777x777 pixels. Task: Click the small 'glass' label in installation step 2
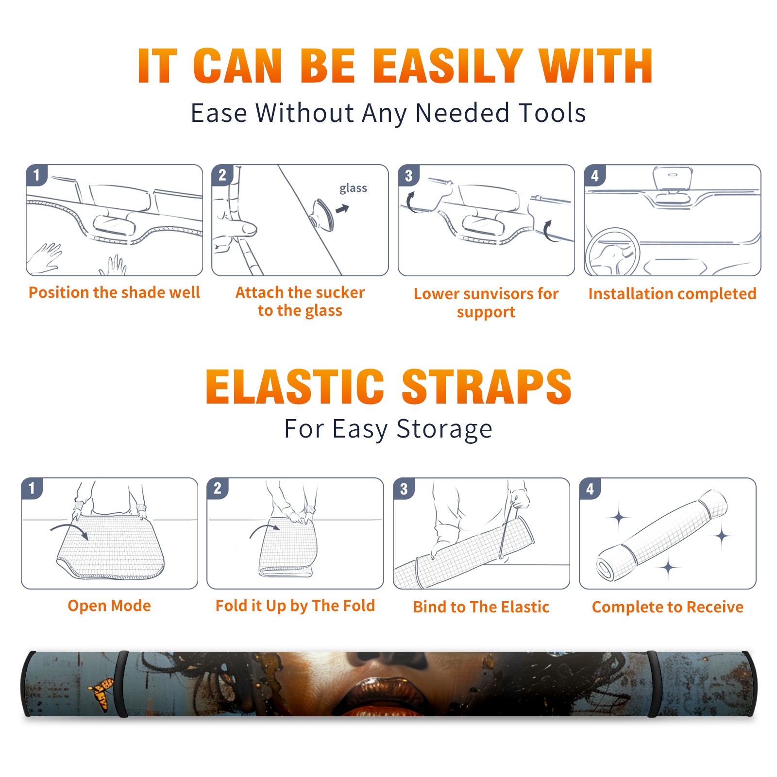[x=353, y=188]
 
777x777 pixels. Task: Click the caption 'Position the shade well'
[x=114, y=292]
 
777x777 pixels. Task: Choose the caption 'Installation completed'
[x=672, y=293]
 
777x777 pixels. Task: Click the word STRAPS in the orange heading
[x=487, y=387]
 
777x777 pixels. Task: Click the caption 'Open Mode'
[x=109, y=606]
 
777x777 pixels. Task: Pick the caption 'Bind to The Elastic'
[x=481, y=607]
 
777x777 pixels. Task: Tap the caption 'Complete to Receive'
[x=668, y=607]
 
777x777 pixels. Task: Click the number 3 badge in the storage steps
[x=404, y=489]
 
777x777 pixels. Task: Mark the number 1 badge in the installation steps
[x=36, y=175]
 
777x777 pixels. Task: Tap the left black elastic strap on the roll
[x=121, y=684]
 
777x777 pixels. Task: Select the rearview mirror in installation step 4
[x=673, y=178]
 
